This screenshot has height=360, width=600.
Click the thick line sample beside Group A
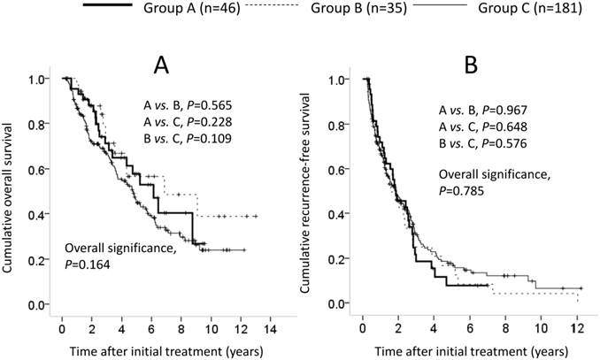112,7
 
